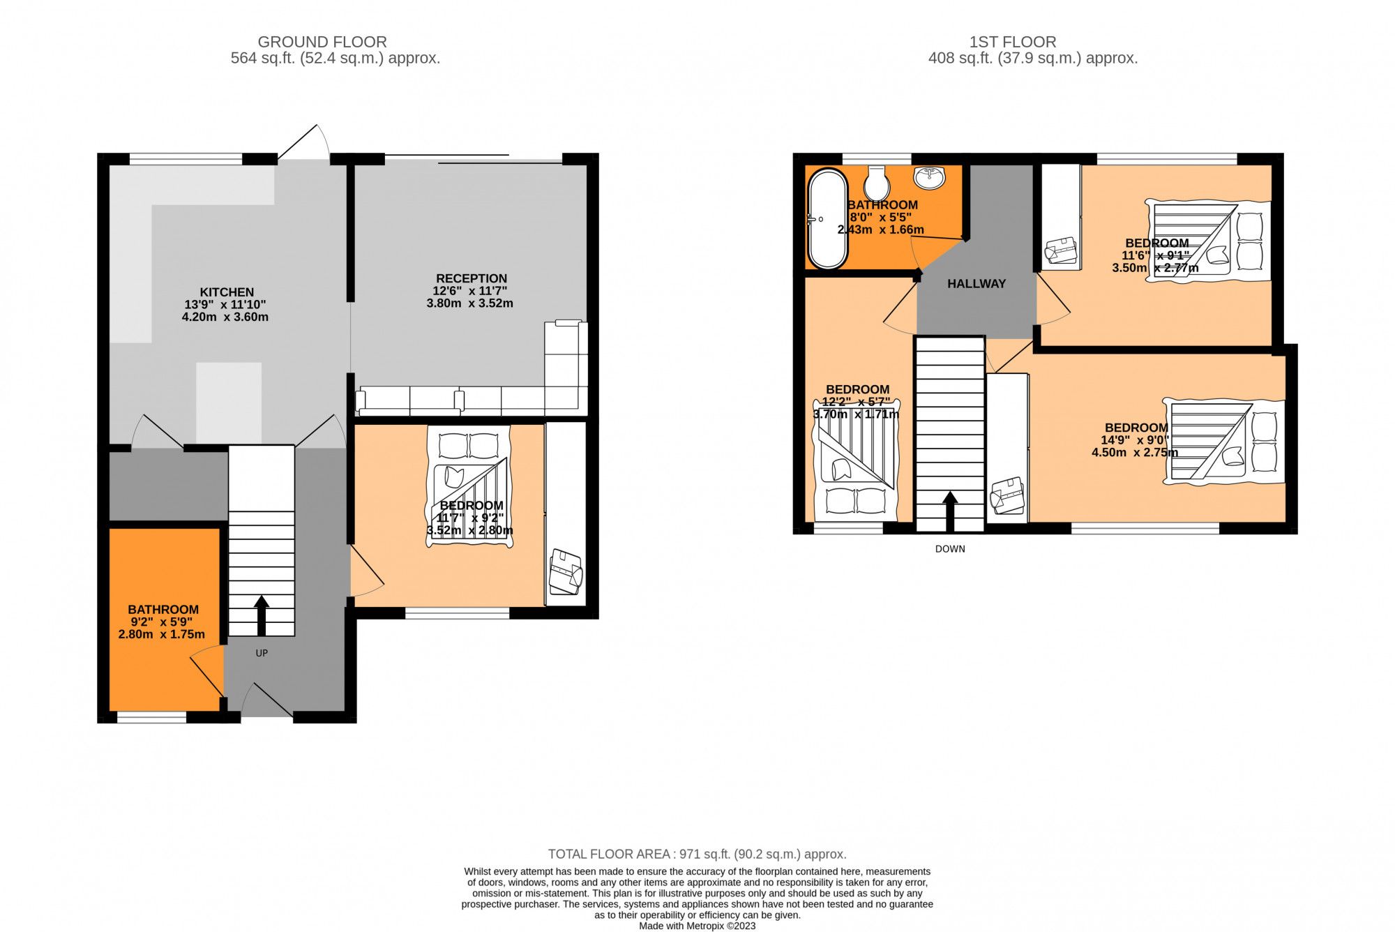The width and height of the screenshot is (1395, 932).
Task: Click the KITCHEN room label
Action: pos(227,292)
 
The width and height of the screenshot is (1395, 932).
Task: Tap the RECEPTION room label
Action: pos(472,278)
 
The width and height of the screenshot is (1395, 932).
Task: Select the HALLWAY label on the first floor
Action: pos(976,284)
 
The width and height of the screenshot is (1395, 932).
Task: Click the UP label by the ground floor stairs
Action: pos(262,653)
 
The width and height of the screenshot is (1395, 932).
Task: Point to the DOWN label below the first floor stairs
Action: pos(950,549)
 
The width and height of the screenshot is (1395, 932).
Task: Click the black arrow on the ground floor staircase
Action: pos(262,614)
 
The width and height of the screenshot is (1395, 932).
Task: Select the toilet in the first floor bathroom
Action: pos(876,183)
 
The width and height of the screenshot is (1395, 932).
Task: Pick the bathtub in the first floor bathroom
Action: pos(827,219)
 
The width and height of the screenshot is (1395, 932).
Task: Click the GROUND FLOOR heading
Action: pos(322,42)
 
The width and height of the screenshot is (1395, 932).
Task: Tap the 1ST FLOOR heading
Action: pos(1013,42)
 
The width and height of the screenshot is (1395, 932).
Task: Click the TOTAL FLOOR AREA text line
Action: pos(697,854)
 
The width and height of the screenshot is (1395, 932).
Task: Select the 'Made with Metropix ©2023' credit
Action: pos(697,926)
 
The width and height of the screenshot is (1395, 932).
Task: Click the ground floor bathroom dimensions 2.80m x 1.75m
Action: pos(162,635)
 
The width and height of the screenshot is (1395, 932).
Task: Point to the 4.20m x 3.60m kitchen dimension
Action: pos(225,317)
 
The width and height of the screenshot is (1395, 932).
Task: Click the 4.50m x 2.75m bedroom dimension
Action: pos(1135,453)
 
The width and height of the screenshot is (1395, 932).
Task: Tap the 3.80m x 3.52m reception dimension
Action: pos(470,303)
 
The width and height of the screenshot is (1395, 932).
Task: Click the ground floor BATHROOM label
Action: pos(163,610)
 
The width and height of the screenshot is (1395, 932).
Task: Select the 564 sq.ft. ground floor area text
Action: pos(335,59)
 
